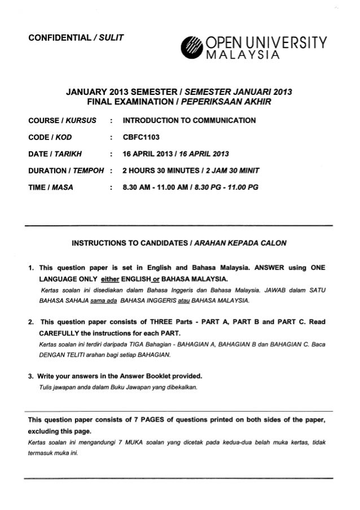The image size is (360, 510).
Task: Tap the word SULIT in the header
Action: coord(110,38)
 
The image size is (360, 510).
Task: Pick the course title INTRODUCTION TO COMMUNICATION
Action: coord(189,120)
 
